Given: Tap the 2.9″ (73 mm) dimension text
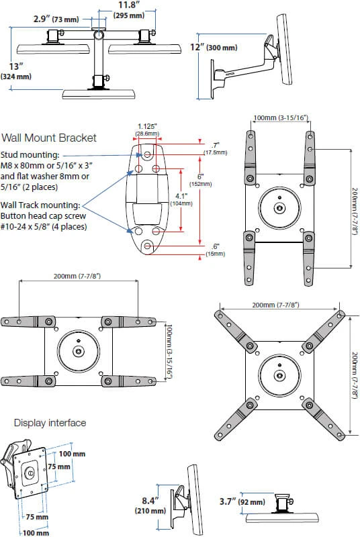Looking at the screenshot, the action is coord(56,19).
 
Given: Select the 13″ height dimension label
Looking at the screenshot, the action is coord(16,71).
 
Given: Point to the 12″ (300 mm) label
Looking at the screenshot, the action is coord(214,47).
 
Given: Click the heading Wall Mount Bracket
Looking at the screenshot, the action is coord(49,138).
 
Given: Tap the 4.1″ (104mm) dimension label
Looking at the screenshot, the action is coord(181,199).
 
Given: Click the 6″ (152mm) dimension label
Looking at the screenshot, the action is coord(200,180).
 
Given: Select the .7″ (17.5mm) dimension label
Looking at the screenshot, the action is coord(216,148).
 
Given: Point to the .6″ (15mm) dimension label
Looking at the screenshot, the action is coord(216,250).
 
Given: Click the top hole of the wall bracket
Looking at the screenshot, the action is coord(148,155).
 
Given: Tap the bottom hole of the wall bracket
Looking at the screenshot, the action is coord(148,246).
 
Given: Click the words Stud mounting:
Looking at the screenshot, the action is coord(30,155).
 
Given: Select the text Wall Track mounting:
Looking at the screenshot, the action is coord(40,205).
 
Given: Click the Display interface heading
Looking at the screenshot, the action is coord(50,423).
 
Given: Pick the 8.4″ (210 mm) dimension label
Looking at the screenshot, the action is coord(150,505).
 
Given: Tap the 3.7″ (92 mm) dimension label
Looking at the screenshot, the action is coord(242,501).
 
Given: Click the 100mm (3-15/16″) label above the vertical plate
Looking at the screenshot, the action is coord(281,118).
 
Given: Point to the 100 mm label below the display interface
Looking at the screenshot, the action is coord(36,533).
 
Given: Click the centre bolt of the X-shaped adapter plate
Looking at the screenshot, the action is coord(280,376).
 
